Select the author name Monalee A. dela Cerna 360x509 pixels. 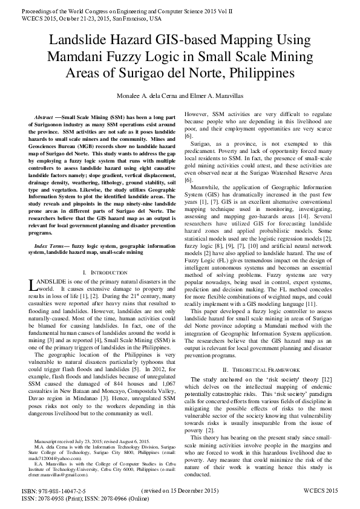pyautogui.click(x=144, y=96)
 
